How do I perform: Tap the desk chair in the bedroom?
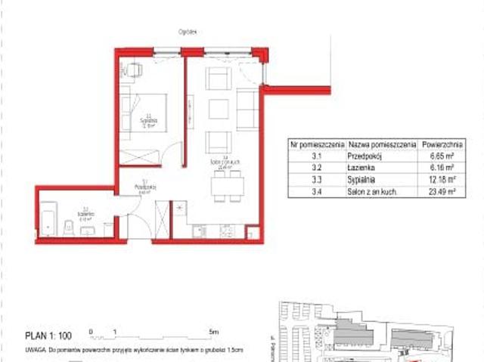(x=135, y=70)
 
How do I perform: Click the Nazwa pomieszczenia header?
(x=380, y=142)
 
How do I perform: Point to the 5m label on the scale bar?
(x=214, y=332)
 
